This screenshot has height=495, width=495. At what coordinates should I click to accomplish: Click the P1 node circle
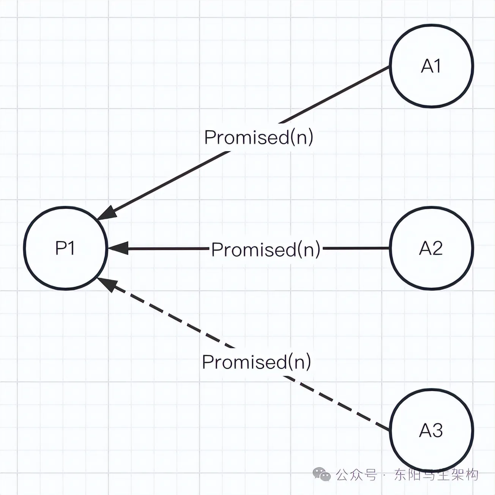65,248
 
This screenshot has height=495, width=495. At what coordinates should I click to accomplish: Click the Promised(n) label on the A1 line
259,137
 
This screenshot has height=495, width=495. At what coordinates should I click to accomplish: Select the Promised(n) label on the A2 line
266,249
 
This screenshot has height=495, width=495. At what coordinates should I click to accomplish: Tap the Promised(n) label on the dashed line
257,362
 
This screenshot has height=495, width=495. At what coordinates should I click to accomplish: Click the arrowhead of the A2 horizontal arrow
118,249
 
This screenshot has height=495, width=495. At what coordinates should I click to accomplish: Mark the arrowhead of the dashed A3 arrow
107,284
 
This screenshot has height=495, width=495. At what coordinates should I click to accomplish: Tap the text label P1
65,248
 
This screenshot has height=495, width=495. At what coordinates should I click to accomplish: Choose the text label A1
431,66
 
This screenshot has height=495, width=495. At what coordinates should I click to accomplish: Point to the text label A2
431,249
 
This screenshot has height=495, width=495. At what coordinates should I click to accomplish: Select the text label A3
431,430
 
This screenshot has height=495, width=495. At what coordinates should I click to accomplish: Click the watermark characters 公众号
356,475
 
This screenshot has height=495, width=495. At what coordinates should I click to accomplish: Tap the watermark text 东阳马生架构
436,475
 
